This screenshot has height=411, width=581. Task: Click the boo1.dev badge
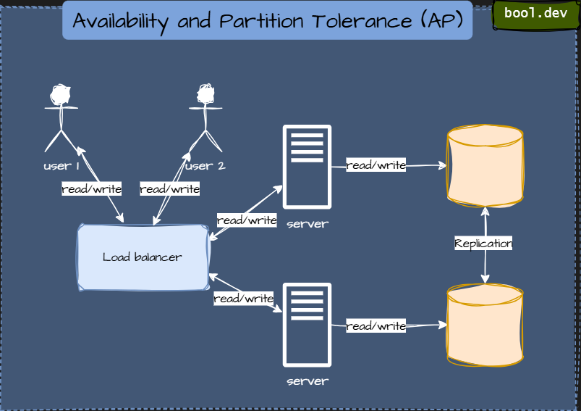coord(535,14)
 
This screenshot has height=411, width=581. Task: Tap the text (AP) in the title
coord(441,21)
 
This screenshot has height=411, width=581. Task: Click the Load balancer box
coord(143,257)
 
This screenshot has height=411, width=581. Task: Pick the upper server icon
coord(307,167)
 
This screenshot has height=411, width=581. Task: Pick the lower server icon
coord(307,324)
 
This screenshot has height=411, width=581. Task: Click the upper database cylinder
coord(485,166)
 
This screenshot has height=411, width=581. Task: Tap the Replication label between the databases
coord(483,244)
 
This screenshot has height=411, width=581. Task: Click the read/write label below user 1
coord(91,189)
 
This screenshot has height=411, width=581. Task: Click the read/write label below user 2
coord(169,189)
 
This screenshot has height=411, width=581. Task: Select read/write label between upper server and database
coord(376,165)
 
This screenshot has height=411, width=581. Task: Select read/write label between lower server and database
coord(376,326)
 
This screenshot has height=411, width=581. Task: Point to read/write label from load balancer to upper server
coord(247,220)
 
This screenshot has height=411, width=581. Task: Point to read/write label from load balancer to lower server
coord(243,299)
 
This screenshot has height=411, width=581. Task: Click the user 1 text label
coord(61,166)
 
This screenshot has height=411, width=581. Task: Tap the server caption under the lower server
coord(307,381)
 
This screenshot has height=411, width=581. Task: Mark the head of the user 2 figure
coord(205,94)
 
